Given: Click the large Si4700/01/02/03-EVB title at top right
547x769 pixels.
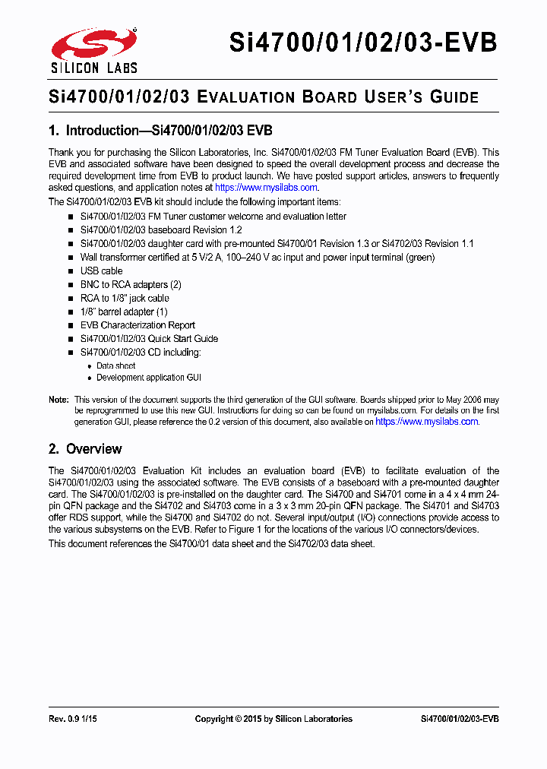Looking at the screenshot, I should click(x=363, y=43).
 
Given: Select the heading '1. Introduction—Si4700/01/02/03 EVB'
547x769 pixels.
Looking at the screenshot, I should click(x=160, y=130).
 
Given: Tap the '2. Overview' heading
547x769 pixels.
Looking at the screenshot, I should click(x=85, y=449).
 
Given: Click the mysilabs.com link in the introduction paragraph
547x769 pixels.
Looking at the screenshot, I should click(x=266, y=188).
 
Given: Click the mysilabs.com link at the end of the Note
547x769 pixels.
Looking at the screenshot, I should click(x=427, y=422).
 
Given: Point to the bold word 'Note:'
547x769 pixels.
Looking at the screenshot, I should click(x=58, y=400).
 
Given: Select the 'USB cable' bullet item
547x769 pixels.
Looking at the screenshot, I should click(x=101, y=271).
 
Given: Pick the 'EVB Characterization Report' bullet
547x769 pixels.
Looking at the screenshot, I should click(x=138, y=325).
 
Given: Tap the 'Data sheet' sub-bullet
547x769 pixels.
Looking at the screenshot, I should click(x=115, y=366).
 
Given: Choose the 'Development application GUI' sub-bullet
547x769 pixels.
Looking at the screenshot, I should click(x=148, y=378).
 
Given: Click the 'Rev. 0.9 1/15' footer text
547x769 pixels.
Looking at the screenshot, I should click(x=74, y=719).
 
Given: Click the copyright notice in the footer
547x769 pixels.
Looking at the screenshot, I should click(x=273, y=719).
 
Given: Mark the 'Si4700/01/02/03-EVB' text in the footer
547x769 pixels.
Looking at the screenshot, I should click(x=459, y=719).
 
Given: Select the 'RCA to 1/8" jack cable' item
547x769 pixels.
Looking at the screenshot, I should click(x=125, y=299).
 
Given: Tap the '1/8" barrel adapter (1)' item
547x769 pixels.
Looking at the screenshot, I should click(x=124, y=312).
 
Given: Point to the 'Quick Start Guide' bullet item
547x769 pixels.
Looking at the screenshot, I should click(x=149, y=339).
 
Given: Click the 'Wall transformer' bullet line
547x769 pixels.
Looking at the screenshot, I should click(x=258, y=258).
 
